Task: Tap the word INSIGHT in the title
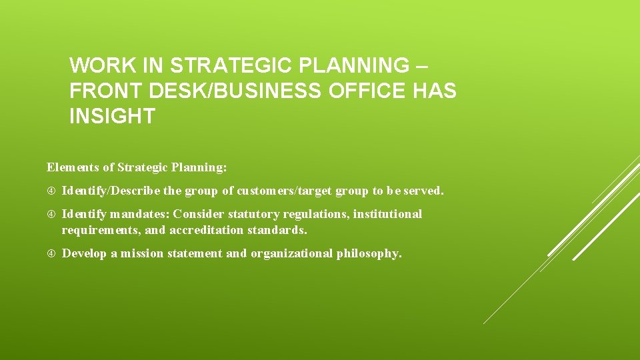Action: tap(112, 116)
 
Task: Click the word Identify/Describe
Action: tap(111, 191)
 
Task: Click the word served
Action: tap(423, 191)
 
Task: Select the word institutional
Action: tap(387, 214)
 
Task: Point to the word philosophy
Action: tap(369, 253)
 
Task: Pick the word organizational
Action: tap(291, 253)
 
